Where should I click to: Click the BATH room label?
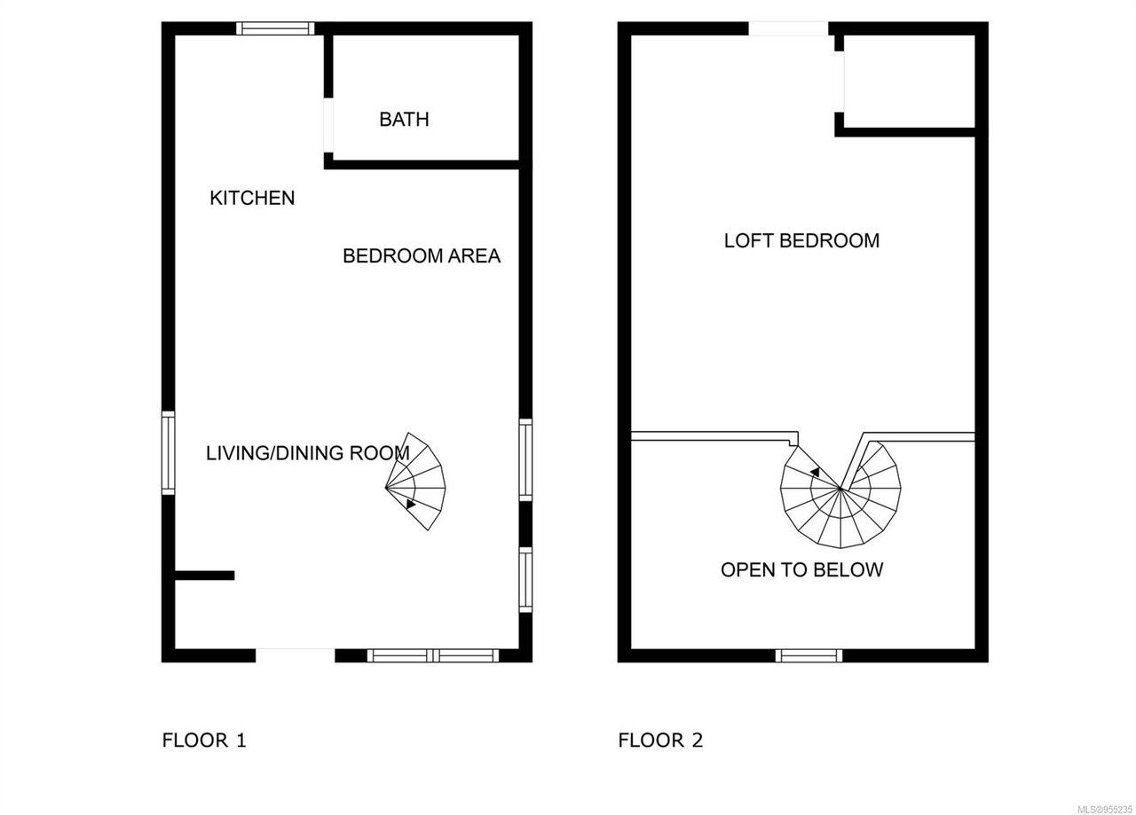click(x=404, y=119)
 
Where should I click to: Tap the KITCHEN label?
click(x=252, y=198)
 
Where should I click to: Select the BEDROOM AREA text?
click(x=422, y=256)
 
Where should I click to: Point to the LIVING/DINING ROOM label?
click(x=307, y=452)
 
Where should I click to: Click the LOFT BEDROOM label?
click(x=801, y=240)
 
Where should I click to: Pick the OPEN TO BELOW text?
click(x=801, y=570)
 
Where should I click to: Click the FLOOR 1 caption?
click(x=204, y=741)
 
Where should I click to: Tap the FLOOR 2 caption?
click(x=660, y=741)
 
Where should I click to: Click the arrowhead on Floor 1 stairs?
click(x=410, y=504)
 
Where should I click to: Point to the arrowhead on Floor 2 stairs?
click(x=816, y=472)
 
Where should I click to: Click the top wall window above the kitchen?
click(x=275, y=28)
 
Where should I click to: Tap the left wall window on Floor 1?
click(x=169, y=452)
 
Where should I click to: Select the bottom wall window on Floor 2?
click(x=809, y=655)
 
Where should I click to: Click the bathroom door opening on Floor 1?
click(x=328, y=125)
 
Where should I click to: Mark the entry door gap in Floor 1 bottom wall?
click(x=296, y=655)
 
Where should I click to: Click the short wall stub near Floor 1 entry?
click(x=205, y=576)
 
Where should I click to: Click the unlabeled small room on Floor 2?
click(x=910, y=81)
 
